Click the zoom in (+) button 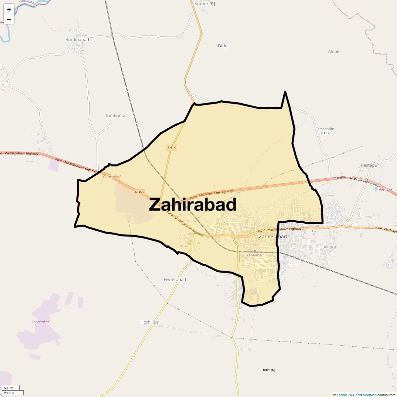9,10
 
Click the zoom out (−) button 9,19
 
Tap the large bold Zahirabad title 193,205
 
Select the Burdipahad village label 77,40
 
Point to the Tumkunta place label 115,115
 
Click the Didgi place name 223,46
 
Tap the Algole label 334,52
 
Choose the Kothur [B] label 205,4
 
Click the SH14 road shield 172,148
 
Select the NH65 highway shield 139,192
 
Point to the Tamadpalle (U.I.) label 325,131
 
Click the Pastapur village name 370,165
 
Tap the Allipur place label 330,247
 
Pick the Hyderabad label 175,280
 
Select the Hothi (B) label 149,322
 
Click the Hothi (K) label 268,370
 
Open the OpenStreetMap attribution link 364,395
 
